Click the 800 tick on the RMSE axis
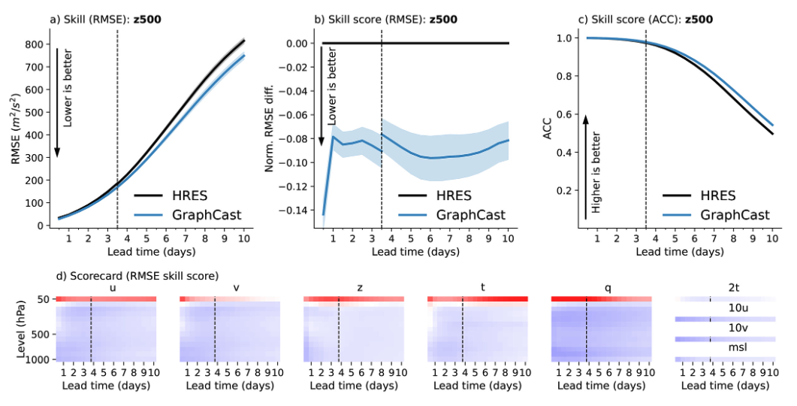(35, 44)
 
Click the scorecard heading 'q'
(600, 287)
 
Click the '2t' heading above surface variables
(725, 287)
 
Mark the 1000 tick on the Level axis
(39, 360)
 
